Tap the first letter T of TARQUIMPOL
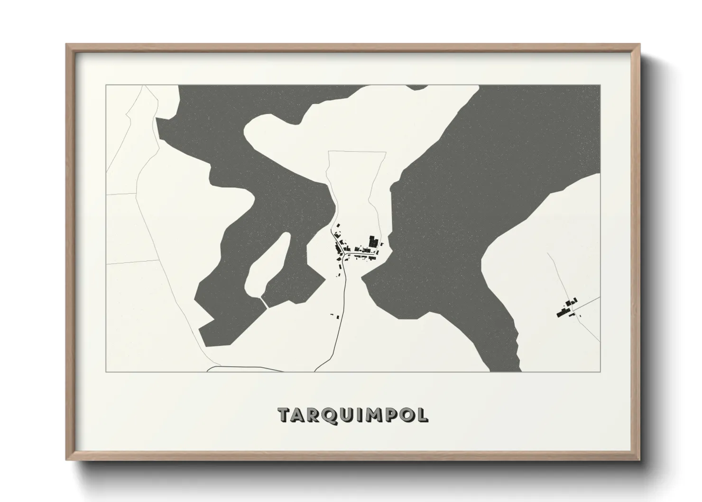pos(285,414)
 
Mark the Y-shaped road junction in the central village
pos(343,251)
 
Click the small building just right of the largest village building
pos(381,244)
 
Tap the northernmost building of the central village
pos(338,226)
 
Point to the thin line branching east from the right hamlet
pos(588,303)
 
